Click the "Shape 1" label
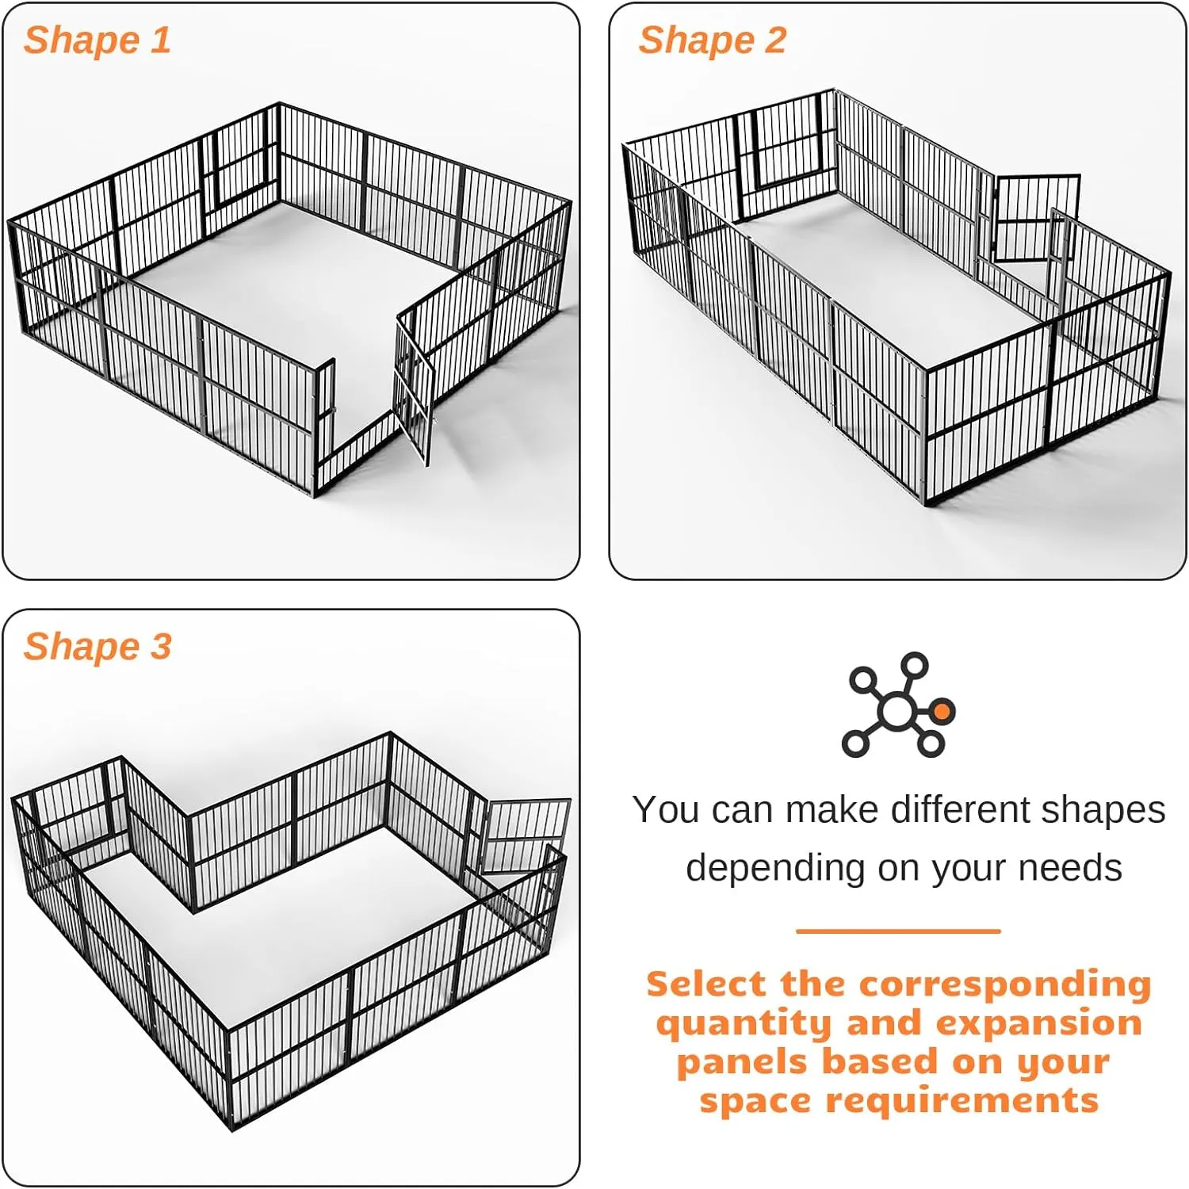[97, 40]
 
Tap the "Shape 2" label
[712, 40]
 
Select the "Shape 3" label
[97, 647]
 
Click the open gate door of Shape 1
[415, 388]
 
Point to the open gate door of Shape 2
[1036, 218]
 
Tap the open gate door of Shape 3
[526, 836]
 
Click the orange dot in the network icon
[941, 711]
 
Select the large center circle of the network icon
[897, 711]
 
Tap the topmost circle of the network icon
[915, 665]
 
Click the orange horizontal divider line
[898, 931]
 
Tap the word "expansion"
[1039, 1023]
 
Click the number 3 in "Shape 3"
[161, 647]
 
